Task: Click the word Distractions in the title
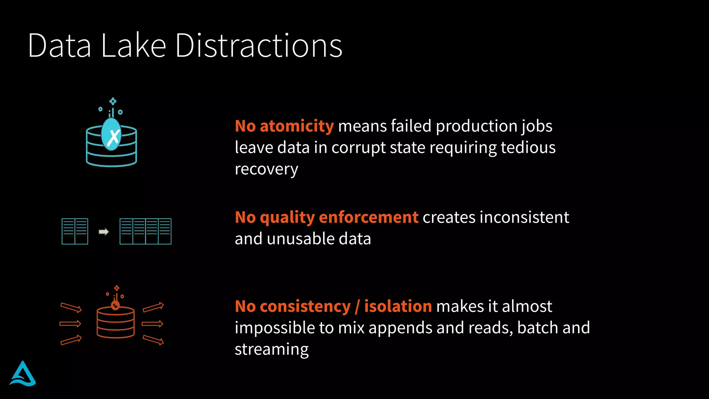coord(259,45)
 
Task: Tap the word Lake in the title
coord(134,45)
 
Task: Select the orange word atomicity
coord(297,126)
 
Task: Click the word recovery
coord(266,169)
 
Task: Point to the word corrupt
coord(358,148)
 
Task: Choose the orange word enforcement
coord(368,217)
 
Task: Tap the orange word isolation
coord(398,306)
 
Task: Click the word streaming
coord(271,349)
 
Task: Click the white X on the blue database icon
coord(113,137)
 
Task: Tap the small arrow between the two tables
coord(104,232)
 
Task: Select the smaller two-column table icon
coord(75,231)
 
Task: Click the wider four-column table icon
coord(145,231)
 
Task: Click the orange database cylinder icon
coord(116,321)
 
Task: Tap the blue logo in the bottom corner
coord(23,374)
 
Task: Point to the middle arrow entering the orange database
coord(70,324)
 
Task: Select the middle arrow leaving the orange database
coord(152,324)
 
